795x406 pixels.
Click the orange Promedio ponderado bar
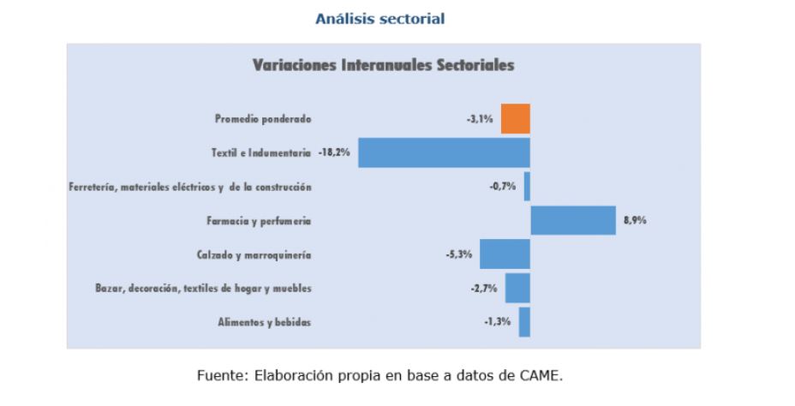(516, 118)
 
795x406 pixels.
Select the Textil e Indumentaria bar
(444, 152)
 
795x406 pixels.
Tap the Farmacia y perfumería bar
(573, 220)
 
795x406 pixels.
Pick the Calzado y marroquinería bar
(505, 254)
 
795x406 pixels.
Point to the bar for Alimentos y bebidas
(524, 322)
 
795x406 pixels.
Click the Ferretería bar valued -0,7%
(527, 187)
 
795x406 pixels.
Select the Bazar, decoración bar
(517, 288)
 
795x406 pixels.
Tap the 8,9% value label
(634, 220)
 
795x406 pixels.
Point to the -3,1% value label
(480, 119)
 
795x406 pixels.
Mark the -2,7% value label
(483, 289)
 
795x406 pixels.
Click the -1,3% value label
(498, 322)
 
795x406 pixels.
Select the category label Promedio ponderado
(263, 119)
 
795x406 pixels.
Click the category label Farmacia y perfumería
(259, 221)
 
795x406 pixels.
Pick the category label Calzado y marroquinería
(254, 254)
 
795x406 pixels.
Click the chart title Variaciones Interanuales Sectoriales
(383, 65)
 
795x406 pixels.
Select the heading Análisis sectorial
(380, 18)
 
